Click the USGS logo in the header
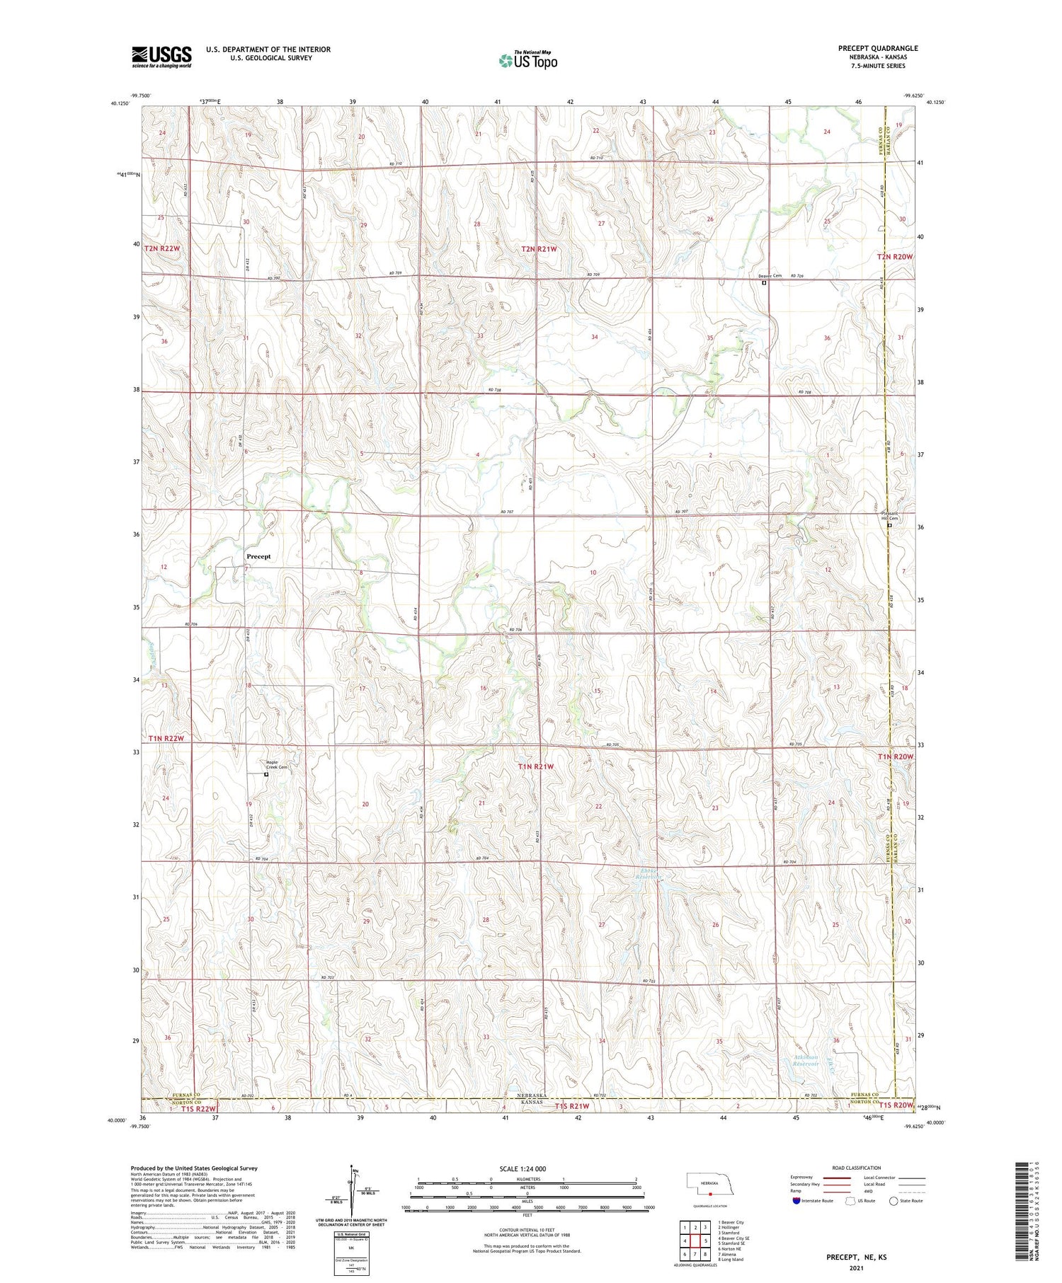161,57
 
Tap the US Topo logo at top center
527,61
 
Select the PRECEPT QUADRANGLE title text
878,48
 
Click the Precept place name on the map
258,556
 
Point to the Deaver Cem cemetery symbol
764,283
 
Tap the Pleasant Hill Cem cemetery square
889,525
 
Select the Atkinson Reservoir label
805,1061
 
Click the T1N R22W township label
166,739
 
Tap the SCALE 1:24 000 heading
523,1168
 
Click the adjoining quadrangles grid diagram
695,1239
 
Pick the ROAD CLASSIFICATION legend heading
857,1168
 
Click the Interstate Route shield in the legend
796,1200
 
